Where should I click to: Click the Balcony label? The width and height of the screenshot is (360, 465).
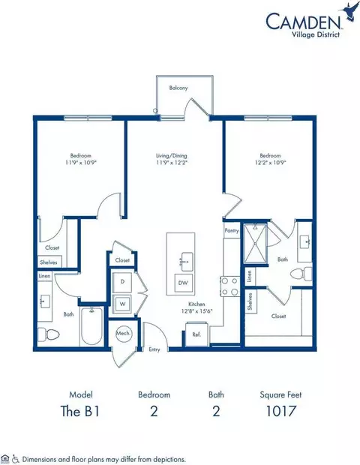[178, 88]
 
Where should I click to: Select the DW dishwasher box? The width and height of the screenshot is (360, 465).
[183, 283]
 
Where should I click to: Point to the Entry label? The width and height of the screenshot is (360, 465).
[154, 349]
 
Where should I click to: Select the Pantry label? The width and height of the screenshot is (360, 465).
[231, 232]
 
